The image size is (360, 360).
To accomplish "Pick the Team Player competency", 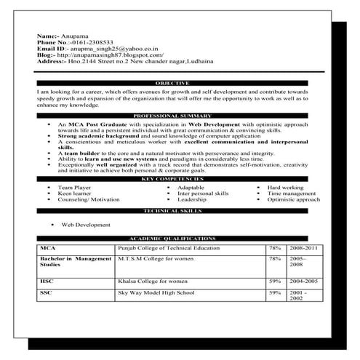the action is [x=73, y=188].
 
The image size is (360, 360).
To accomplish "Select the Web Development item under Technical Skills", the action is [x=87, y=225].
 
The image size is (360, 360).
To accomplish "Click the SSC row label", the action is [x=47, y=292].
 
